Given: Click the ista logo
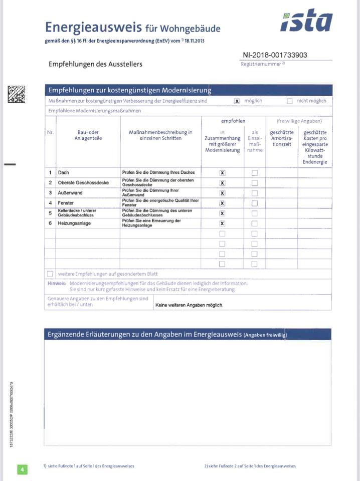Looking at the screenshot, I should coord(306,21).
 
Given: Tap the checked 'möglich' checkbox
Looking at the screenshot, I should coord(237,101).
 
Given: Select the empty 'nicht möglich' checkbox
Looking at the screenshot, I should coord(289,101).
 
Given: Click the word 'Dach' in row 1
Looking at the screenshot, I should coord(64,172).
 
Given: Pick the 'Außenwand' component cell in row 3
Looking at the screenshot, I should coord(70,193).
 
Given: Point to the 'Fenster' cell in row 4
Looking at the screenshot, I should coord(67,203).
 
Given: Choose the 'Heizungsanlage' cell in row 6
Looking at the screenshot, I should coord(74,223).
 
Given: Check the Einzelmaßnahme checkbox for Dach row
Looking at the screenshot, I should coord(254,173).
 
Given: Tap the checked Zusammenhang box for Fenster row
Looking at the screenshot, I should coord(222,203).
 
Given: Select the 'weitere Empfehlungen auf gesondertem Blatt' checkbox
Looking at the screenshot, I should coord(50,274).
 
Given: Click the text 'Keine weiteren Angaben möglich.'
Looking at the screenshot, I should coord(189,305).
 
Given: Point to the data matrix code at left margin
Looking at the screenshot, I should coord(16,94).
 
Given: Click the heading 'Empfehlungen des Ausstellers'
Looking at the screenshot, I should coord(95,64).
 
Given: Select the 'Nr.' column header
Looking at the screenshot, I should coord(50,132).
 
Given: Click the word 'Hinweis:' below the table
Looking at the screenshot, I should coord(57,283).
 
